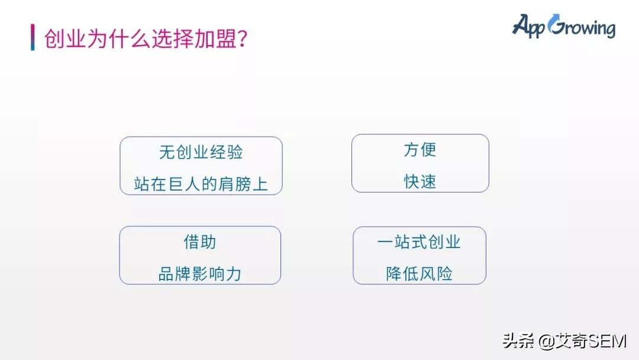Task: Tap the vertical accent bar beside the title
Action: click(x=33, y=37)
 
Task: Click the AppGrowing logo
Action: click(x=563, y=27)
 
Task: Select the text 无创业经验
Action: click(x=201, y=152)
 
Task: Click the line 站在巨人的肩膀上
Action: click(x=201, y=184)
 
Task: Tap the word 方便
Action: click(x=420, y=150)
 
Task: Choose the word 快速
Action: click(x=420, y=182)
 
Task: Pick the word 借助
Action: click(x=200, y=242)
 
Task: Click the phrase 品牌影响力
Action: click(x=200, y=274)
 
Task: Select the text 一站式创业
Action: click(x=419, y=242)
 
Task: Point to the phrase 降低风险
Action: click(x=419, y=274)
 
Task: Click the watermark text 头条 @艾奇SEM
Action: click(x=564, y=341)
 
